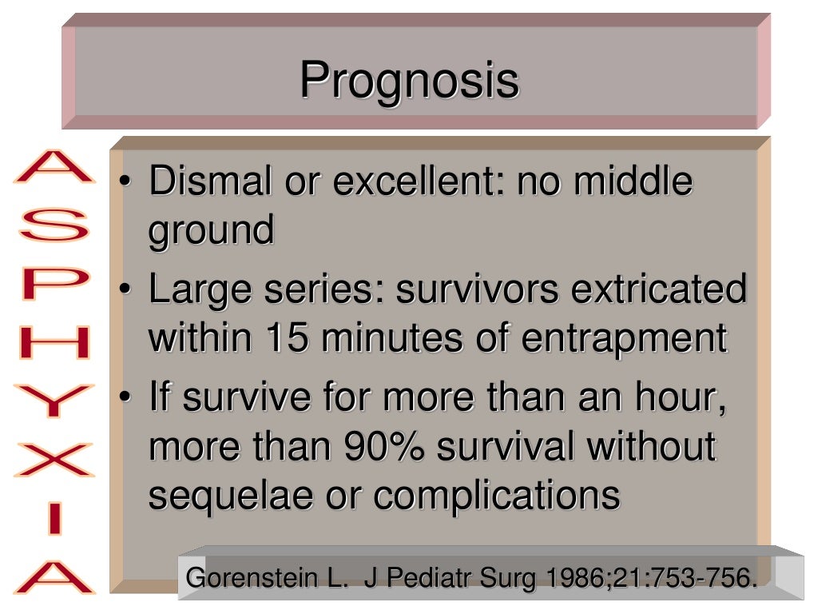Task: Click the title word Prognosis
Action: [x=409, y=82]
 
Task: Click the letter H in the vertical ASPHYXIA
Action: [x=54, y=343]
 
